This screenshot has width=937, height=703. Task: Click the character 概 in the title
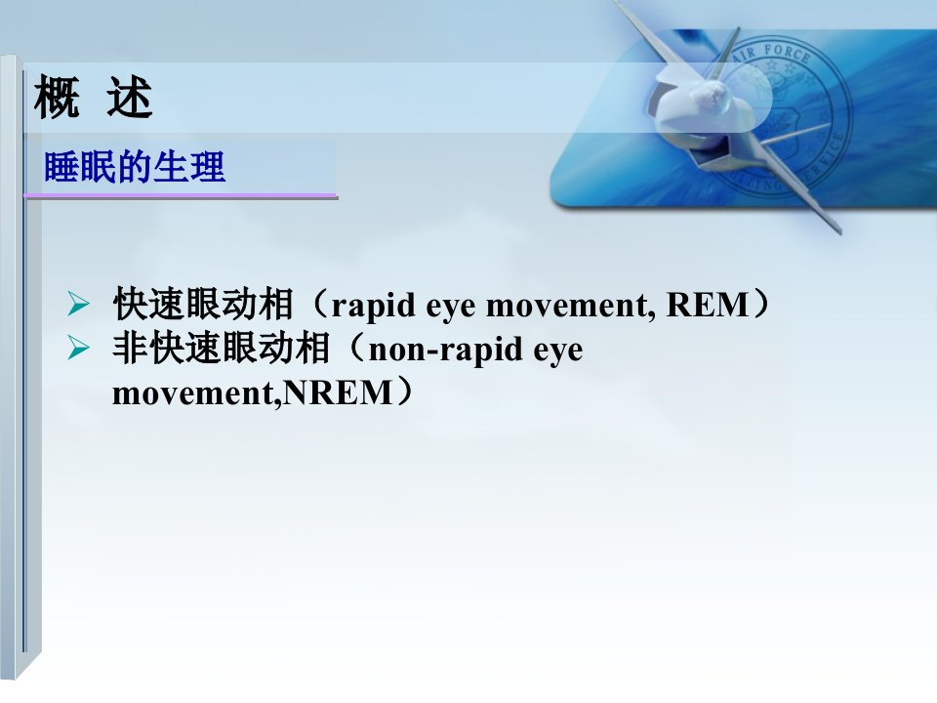(57, 97)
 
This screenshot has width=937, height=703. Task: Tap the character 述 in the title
(130, 97)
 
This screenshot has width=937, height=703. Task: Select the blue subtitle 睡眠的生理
(135, 166)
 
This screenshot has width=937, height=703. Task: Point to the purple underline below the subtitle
(181, 195)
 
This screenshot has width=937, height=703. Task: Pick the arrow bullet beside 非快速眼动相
(78, 348)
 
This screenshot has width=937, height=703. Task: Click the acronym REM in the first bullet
(708, 305)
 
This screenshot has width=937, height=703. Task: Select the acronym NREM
(337, 393)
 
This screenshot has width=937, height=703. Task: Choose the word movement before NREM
(196, 393)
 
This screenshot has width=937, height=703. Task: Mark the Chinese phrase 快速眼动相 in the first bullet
(203, 304)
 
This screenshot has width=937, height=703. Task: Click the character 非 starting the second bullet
(130, 348)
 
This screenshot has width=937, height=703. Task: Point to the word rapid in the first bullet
(374, 306)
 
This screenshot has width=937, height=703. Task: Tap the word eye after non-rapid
(558, 351)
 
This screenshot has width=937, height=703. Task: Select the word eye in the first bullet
(451, 308)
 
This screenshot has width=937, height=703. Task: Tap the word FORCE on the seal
(787, 54)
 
